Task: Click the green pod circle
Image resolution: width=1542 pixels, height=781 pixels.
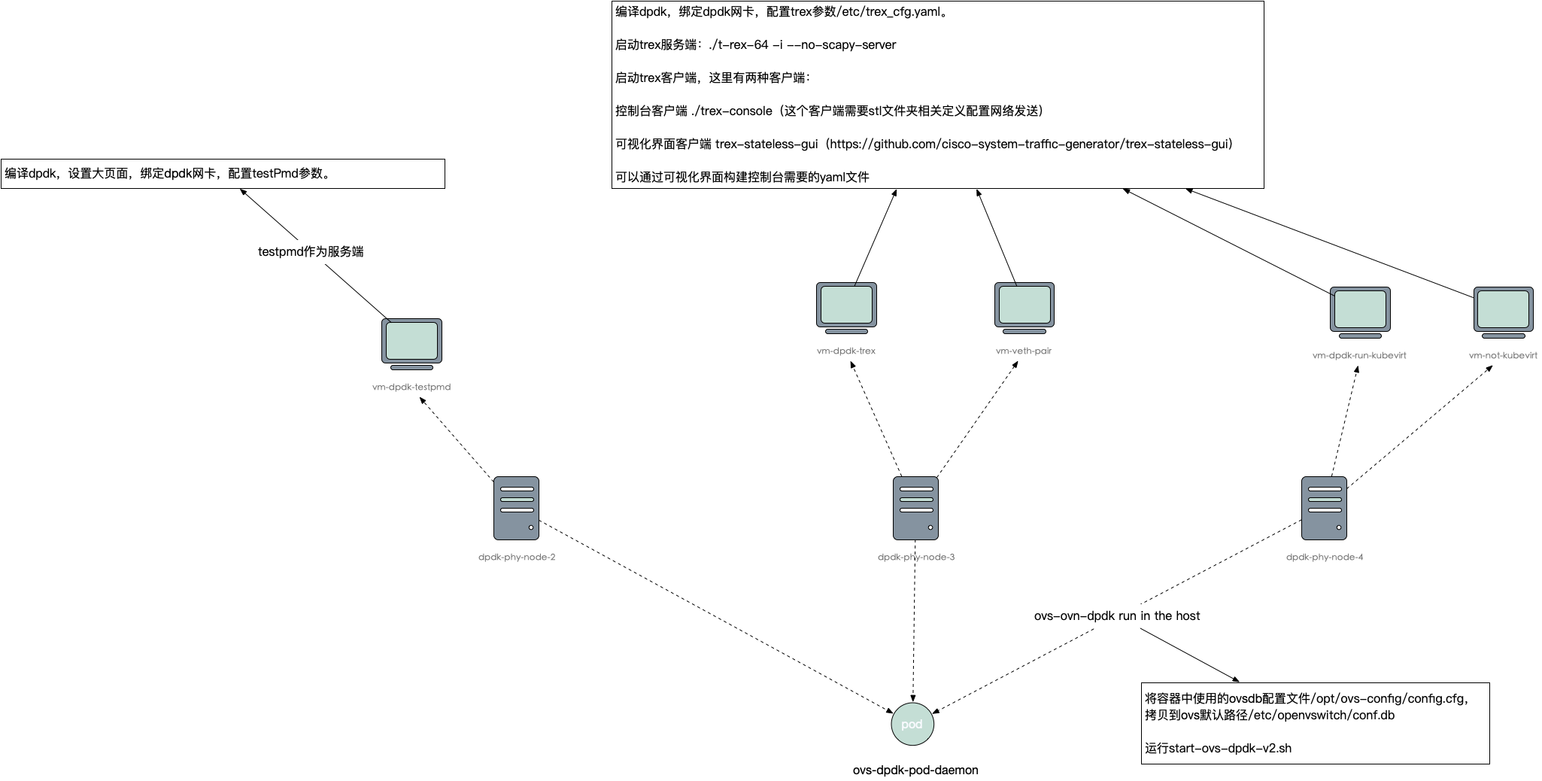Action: pyautogui.click(x=912, y=724)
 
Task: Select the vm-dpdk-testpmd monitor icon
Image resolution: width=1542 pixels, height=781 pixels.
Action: pyautogui.click(x=411, y=343)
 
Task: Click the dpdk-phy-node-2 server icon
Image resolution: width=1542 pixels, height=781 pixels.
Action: pyautogui.click(x=516, y=508)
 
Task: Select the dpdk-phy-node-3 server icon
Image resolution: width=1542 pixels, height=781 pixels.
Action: pyautogui.click(x=915, y=508)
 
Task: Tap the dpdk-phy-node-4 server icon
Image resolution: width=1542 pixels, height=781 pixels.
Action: pyautogui.click(x=1324, y=508)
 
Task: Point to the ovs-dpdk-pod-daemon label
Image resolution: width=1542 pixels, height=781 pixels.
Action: pyautogui.click(x=915, y=770)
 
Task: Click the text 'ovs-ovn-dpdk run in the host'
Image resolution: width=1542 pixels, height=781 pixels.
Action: pyautogui.click(x=1116, y=615)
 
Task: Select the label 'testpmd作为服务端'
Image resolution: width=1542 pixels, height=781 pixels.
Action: pyautogui.click(x=311, y=251)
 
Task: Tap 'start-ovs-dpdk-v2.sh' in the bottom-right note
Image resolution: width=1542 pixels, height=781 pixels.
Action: pyautogui.click(x=1230, y=748)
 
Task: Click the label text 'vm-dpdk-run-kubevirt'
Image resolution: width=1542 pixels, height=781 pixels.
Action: pyautogui.click(x=1358, y=355)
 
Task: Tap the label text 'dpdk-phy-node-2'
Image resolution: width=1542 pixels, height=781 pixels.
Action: pyautogui.click(x=516, y=558)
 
